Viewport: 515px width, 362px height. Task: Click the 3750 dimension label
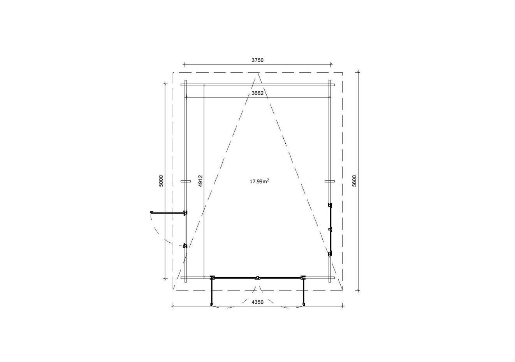(258, 60)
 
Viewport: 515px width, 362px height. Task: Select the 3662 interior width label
(258, 93)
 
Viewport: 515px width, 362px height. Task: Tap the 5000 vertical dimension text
(161, 181)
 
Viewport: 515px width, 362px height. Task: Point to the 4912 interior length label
(200, 181)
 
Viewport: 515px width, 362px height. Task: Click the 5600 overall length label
(354, 181)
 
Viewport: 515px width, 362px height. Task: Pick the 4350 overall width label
(258, 302)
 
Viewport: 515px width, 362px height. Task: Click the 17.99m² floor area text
(259, 181)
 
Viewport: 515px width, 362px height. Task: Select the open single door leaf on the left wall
(167, 213)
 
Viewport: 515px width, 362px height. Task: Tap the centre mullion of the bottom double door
(258, 278)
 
